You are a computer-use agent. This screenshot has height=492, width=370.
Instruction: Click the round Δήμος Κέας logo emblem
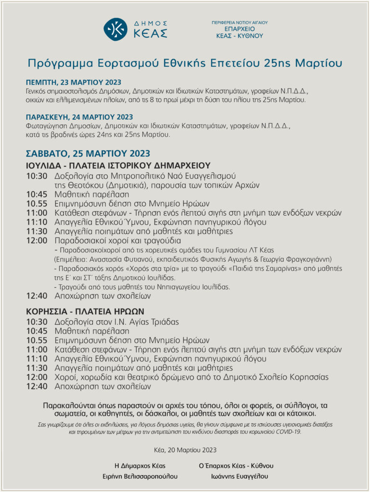pos(115,29)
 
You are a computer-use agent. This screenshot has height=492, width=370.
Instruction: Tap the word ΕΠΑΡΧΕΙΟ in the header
pos(240,29)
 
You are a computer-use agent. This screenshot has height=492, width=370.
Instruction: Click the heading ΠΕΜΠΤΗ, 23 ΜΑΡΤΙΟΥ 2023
pos(74,82)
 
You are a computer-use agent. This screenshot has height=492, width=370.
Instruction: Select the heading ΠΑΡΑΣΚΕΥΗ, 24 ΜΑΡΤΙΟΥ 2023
pos(80,117)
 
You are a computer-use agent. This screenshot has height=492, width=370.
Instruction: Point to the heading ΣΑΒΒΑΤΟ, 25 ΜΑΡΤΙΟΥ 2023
pos(88,153)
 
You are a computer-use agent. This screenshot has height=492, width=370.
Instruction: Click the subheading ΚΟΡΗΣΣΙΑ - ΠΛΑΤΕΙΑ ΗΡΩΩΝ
pos(85,311)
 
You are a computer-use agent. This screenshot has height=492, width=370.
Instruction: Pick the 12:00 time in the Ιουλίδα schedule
pos(37,240)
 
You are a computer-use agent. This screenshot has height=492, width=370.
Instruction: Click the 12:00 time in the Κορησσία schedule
pos(37,377)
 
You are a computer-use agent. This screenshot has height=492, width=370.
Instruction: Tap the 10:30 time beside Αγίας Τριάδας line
pos(37,322)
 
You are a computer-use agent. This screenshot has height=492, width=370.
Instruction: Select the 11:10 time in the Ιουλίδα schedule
pos(37,222)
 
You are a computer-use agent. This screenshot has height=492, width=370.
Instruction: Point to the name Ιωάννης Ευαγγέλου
pos(236,477)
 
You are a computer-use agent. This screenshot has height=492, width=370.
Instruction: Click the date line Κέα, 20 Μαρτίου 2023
pos(185,450)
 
